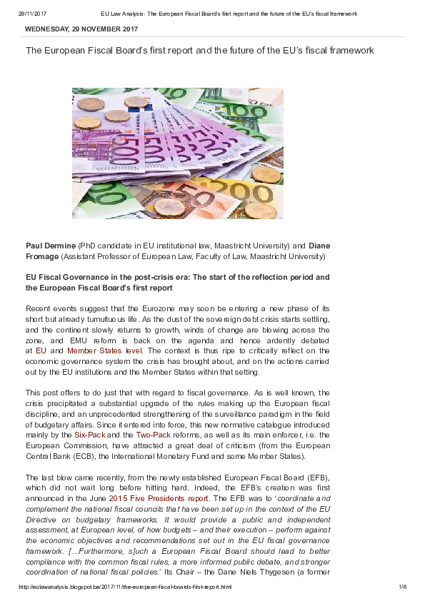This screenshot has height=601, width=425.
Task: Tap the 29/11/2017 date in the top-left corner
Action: click(32, 14)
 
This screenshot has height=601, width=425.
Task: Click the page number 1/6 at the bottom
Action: click(402, 587)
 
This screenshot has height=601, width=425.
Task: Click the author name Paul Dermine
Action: click(51, 246)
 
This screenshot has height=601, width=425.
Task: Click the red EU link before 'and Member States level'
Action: click(41, 350)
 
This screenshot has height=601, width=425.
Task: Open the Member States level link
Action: click(105, 350)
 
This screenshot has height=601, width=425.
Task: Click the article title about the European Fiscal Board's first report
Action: click(200, 51)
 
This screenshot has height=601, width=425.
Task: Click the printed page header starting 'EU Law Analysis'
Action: click(229, 14)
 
